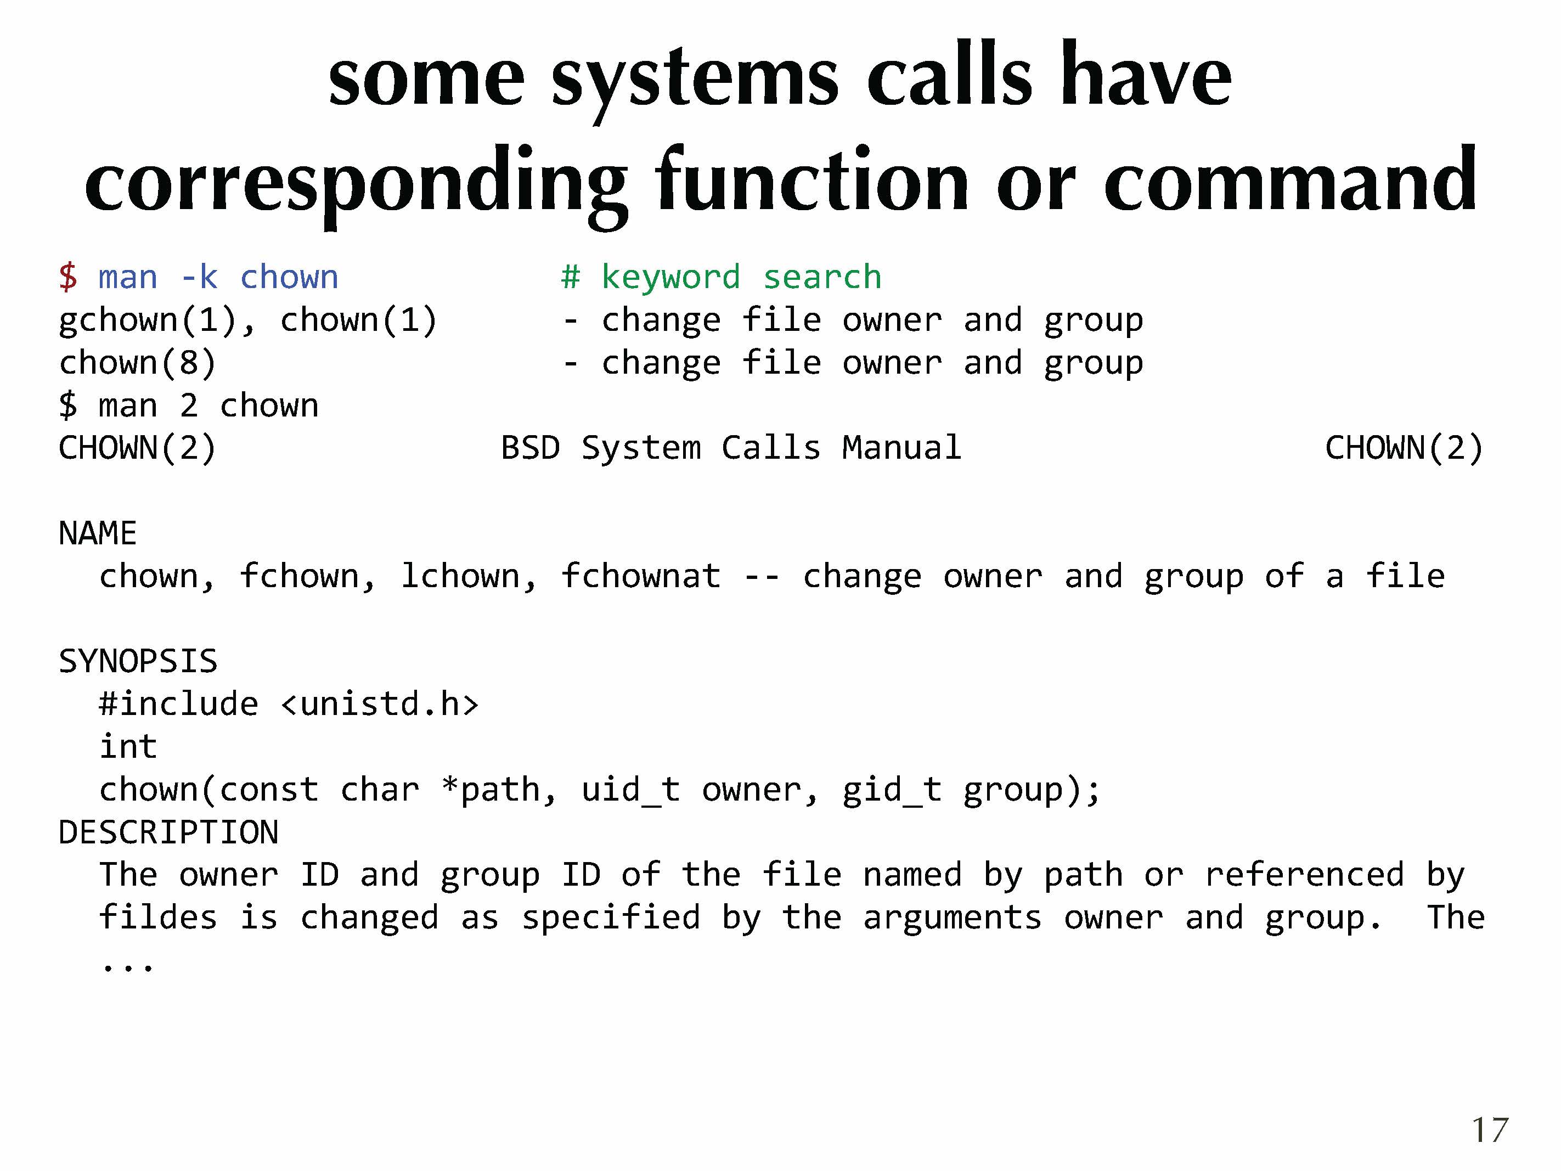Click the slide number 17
coord(1490,1130)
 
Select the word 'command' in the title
coord(1290,179)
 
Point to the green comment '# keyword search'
coord(721,277)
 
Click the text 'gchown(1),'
coord(157,320)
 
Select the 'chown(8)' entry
coord(137,363)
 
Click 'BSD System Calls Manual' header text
coord(731,448)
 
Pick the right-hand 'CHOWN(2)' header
coord(1404,448)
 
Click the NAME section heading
coord(97,533)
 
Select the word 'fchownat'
coord(641,576)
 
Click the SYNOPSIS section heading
coord(138,661)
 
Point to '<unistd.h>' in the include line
coord(380,703)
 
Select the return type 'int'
coord(128,747)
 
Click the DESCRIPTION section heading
coord(168,832)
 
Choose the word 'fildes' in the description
coord(157,917)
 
